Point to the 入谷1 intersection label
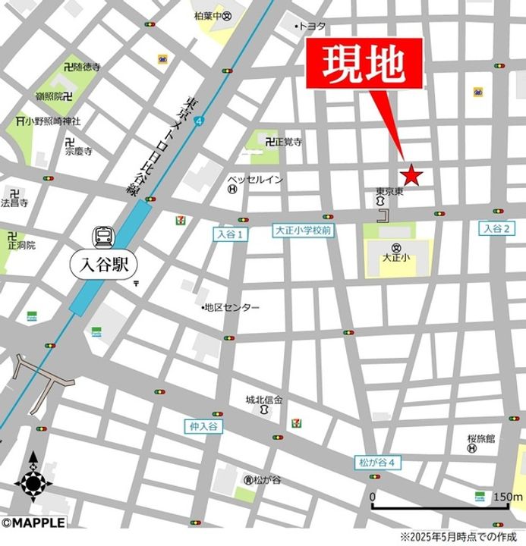tap(230, 235)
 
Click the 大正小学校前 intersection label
tap(302, 230)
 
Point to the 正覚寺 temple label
tap(289, 142)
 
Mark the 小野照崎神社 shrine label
tap(52, 121)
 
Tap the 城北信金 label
tap(263, 399)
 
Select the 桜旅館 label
tap(480, 438)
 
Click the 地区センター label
tap(233, 307)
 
